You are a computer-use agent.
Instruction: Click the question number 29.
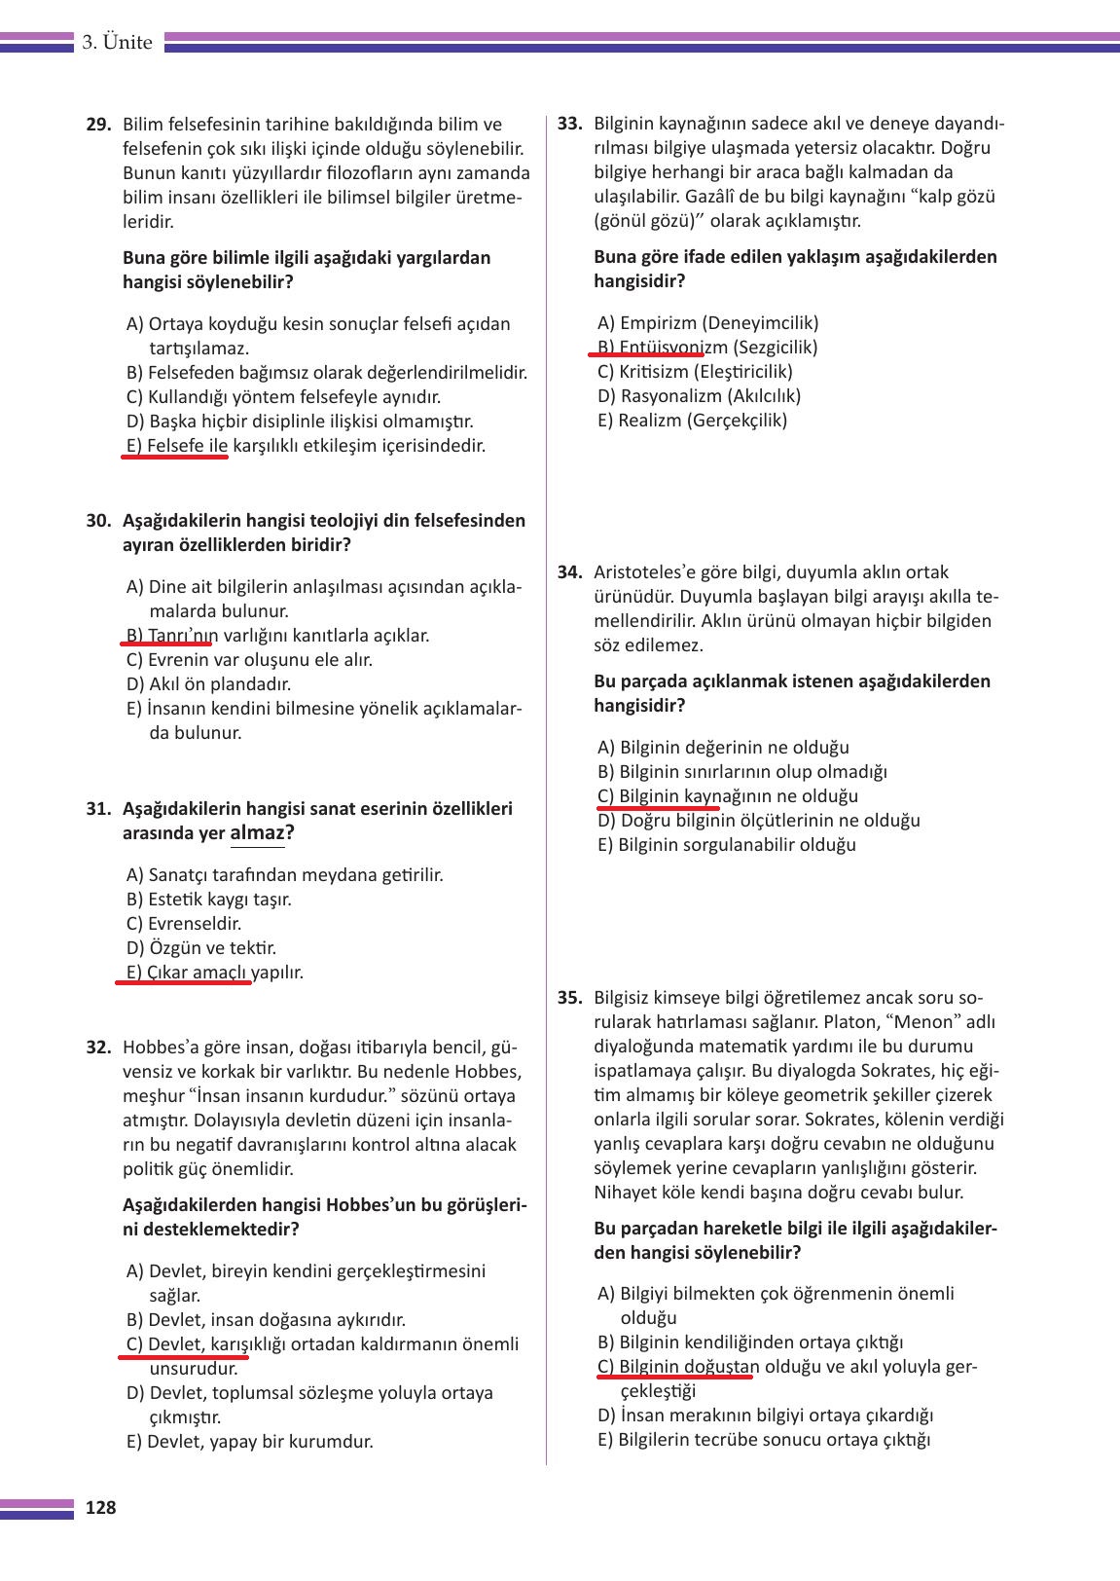coord(98,125)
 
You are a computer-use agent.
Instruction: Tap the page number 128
coord(100,1508)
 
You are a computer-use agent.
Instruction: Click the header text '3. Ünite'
coord(117,43)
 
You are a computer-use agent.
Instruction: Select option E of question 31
coord(215,973)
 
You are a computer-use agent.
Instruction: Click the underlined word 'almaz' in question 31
coord(257,833)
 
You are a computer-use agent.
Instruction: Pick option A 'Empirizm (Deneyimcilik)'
coord(707,323)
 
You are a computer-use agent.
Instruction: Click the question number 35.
coord(569,998)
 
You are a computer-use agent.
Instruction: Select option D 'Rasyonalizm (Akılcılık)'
coord(699,396)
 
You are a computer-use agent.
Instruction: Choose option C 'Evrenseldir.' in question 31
coord(184,924)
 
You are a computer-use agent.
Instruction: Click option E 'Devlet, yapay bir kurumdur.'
coord(250,1442)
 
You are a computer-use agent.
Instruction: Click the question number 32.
coord(98,1048)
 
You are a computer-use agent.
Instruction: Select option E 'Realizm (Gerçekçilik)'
coord(692,421)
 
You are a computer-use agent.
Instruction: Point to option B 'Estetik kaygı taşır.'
coord(208,900)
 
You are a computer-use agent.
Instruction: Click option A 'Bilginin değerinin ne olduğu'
coord(723,748)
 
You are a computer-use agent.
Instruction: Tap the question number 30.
coord(98,521)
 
